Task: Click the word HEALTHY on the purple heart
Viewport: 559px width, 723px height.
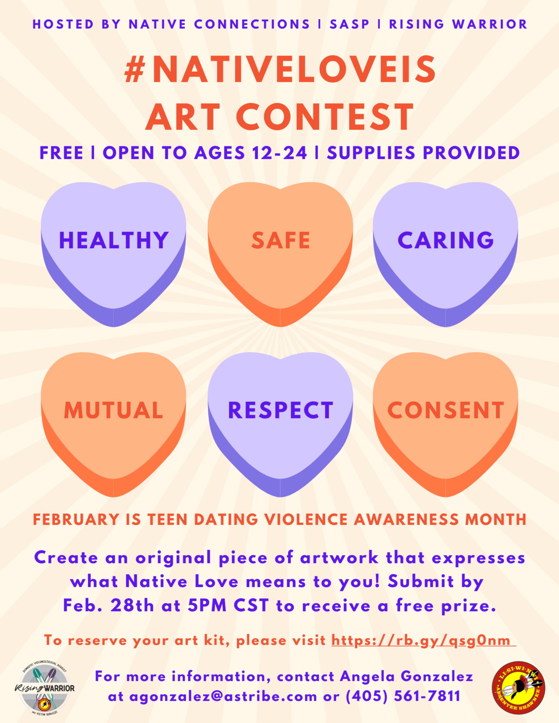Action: [114, 240]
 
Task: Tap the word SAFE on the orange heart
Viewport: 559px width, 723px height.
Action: [280, 240]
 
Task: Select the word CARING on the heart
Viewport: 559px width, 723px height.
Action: [445, 240]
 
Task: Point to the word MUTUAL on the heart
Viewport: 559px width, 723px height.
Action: [114, 410]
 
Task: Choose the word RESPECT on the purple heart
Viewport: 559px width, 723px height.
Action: [280, 410]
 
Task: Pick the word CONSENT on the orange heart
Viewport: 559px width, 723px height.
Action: [445, 410]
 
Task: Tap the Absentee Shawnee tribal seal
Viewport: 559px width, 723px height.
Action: [518, 688]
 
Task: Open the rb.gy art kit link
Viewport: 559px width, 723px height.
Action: [423, 641]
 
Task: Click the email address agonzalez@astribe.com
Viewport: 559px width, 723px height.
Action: [223, 696]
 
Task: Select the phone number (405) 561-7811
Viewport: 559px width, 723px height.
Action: [403, 696]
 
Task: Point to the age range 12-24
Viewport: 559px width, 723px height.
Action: [279, 153]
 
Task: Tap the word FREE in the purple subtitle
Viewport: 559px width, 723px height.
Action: [61, 153]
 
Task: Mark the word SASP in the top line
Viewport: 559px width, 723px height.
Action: [349, 24]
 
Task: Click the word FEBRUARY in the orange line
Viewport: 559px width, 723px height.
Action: [76, 520]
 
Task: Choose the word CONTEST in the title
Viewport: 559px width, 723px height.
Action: [325, 116]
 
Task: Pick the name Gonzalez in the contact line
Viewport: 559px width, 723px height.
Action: [437, 677]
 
